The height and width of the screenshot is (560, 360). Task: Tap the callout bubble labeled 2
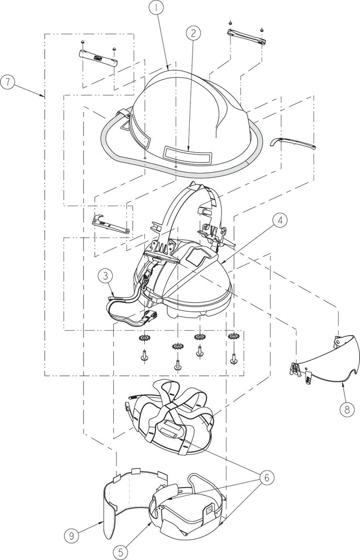click(193, 33)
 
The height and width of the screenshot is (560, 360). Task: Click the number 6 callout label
click(268, 477)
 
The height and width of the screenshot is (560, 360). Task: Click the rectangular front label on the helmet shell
click(187, 154)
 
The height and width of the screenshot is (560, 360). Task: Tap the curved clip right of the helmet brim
click(294, 143)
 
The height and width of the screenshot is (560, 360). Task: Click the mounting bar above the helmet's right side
click(246, 36)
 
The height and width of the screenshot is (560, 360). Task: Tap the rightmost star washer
click(234, 336)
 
